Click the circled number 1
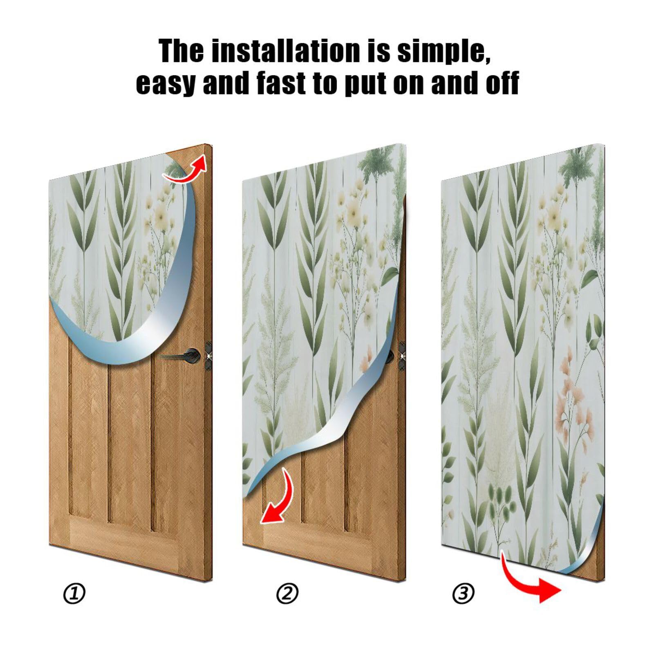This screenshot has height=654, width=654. pyautogui.click(x=74, y=594)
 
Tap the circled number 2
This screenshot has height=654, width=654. pyautogui.click(x=287, y=594)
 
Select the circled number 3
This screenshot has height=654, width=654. pyautogui.click(x=464, y=593)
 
